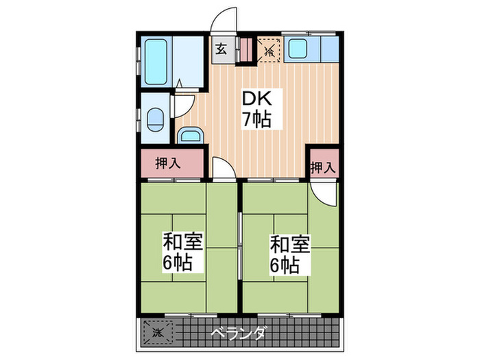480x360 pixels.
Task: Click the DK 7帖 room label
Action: click(x=255, y=108)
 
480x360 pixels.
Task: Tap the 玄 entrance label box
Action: click(x=221, y=49)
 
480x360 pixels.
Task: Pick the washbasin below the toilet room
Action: click(x=190, y=134)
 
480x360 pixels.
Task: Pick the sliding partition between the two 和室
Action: click(x=241, y=247)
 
